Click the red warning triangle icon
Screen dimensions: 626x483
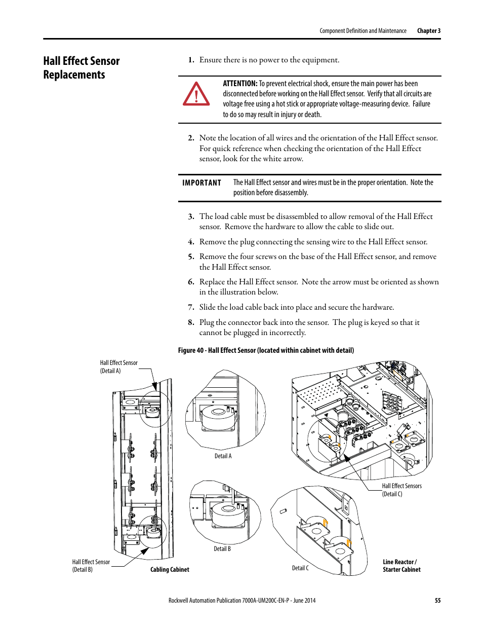pyautogui.click(x=196, y=94)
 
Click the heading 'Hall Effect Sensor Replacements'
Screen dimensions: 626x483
pyautogui.click(x=81, y=68)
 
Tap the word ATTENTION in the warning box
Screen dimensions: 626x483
pyautogui.click(x=240, y=84)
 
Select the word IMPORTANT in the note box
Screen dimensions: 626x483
pyautogui.click(x=202, y=183)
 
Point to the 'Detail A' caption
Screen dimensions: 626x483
pyautogui.click(x=223, y=456)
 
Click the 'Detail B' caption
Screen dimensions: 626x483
pyautogui.click(x=222, y=549)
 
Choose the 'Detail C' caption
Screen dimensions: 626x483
pyautogui.click(x=300, y=568)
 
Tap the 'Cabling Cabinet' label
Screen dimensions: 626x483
pyautogui.click(x=170, y=570)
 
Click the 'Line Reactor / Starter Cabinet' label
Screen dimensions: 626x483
pyautogui.click(x=401, y=566)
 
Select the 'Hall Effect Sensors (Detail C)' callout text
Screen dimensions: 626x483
pyautogui.click(x=401, y=490)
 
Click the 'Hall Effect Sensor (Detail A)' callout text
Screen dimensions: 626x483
pyautogui.click(x=118, y=367)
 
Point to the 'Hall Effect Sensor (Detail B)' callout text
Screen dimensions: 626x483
pyautogui.click(x=91, y=566)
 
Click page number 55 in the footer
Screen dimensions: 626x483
pyautogui.click(x=437, y=601)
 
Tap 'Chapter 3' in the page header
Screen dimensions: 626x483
pyautogui.click(x=428, y=31)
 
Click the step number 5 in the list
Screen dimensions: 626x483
pyautogui.click(x=191, y=257)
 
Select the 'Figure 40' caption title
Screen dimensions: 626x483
pyautogui.click(x=266, y=350)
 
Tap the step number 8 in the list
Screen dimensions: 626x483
pyautogui.click(x=191, y=322)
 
